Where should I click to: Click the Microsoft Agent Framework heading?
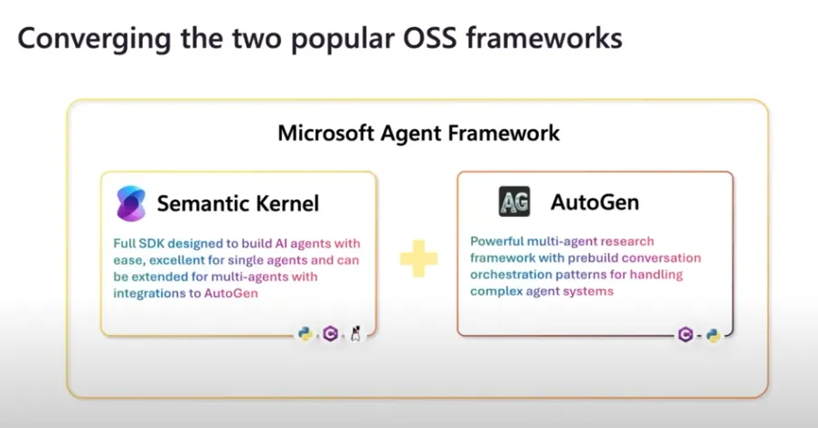(418, 134)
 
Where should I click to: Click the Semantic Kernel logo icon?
(131, 203)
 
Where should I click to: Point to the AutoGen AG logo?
(514, 201)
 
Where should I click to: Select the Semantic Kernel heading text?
(238, 203)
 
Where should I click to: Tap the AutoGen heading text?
(595, 201)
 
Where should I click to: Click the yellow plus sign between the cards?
(418, 258)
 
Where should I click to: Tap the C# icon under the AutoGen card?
(684, 335)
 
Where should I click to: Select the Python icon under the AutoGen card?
(713, 335)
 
